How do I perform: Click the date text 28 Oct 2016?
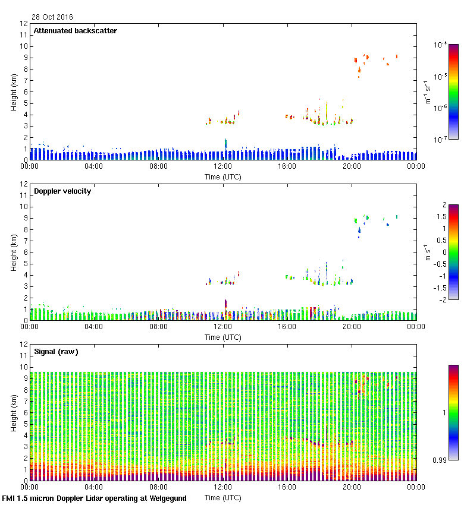click(53, 17)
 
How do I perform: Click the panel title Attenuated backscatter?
click(76, 31)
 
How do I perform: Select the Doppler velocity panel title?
click(62, 191)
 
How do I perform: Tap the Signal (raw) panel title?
click(56, 352)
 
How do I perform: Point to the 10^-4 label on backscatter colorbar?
click(441, 45)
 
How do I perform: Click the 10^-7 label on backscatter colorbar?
click(441, 140)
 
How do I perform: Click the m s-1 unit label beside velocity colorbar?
click(427, 252)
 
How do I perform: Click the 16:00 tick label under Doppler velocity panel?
click(287, 327)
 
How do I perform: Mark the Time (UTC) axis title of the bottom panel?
click(223, 498)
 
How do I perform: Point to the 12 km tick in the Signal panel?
click(24, 345)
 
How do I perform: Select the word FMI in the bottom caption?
click(9, 498)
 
